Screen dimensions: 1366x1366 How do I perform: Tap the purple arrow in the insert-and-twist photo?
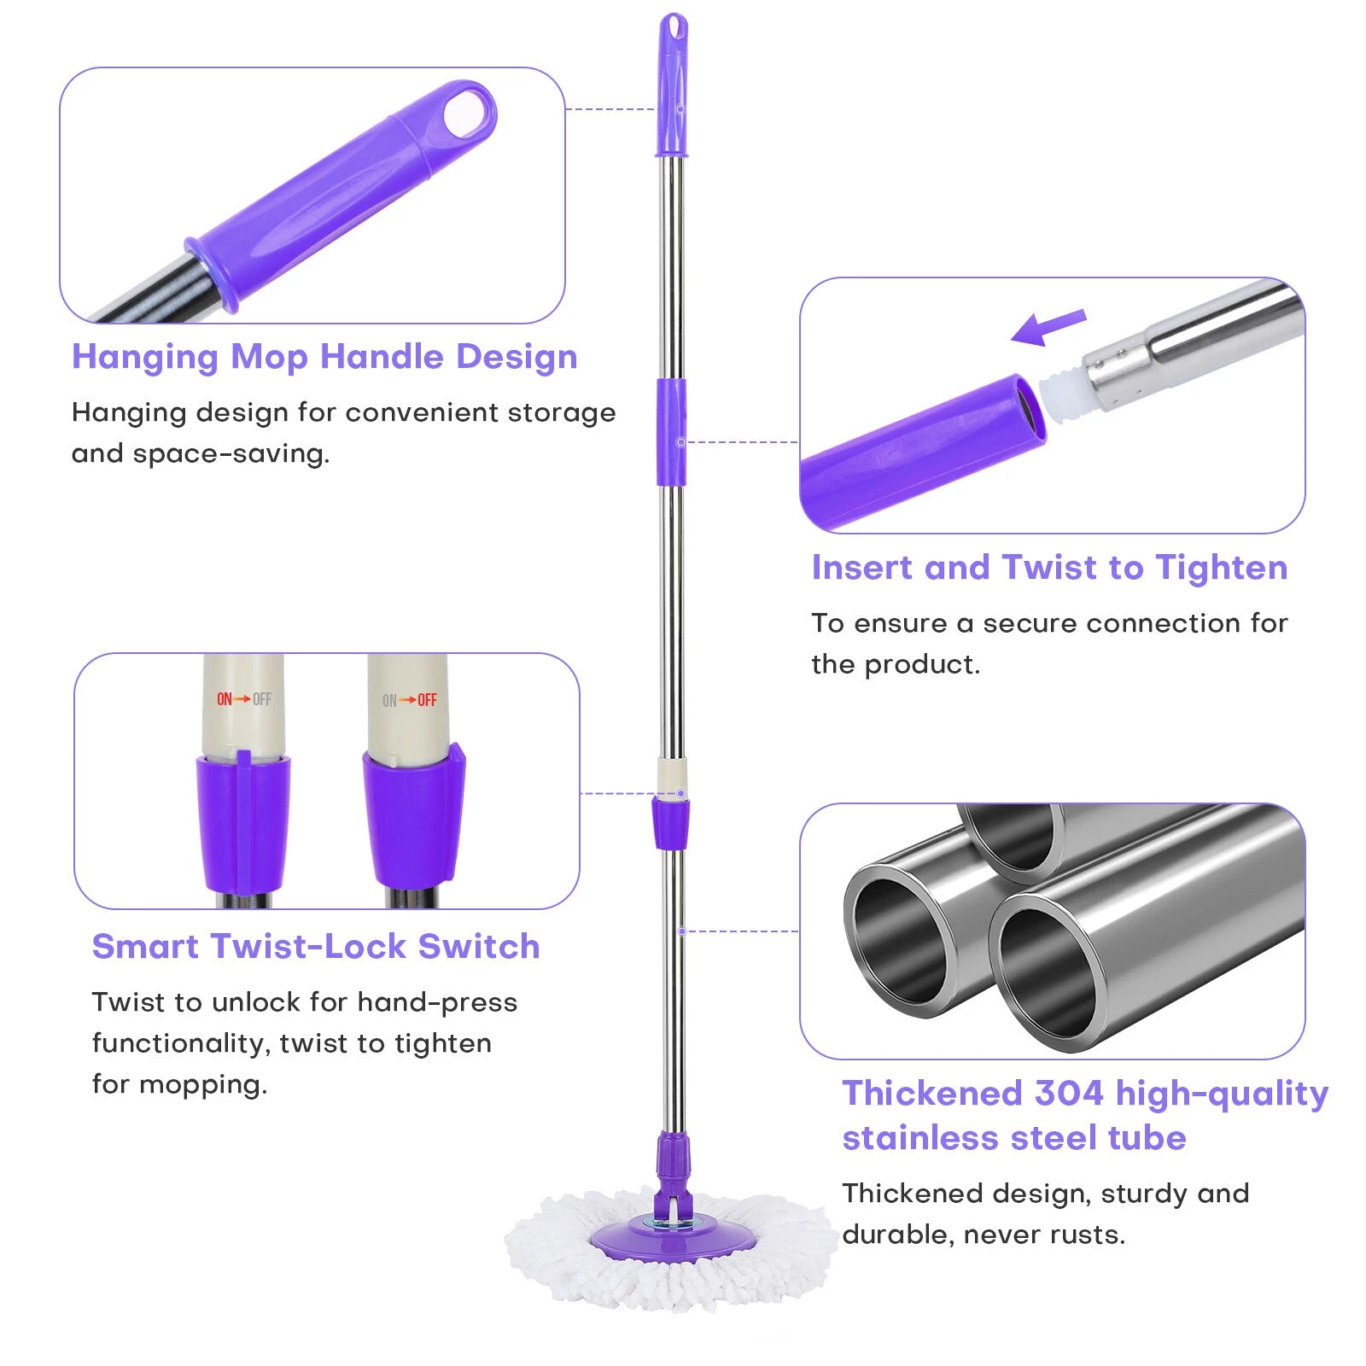coord(1048,327)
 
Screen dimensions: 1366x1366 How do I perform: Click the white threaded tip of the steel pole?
coord(1062,389)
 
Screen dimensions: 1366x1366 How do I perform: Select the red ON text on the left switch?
coord(225,699)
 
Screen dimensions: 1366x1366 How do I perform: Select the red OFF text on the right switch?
coord(427,700)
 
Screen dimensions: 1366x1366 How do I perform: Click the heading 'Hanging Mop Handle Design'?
coord(324,357)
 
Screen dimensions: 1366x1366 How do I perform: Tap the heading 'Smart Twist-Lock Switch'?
coord(316,946)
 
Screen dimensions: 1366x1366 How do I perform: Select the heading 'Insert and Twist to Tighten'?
coord(1049,568)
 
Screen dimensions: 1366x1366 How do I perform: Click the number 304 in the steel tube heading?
coord(1069,1093)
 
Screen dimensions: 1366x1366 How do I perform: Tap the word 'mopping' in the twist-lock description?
coord(203,1085)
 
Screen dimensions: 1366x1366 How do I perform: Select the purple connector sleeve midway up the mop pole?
coord(671,432)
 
